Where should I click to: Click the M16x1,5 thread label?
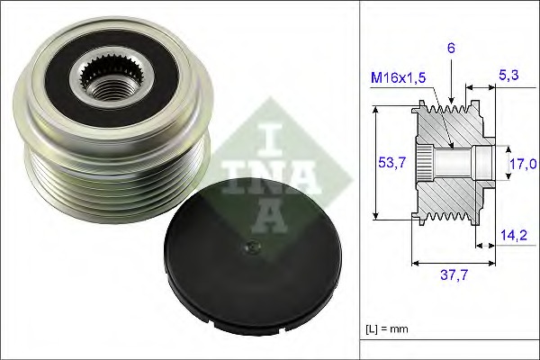coord(400,77)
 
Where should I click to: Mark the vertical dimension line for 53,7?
coord(374,163)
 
